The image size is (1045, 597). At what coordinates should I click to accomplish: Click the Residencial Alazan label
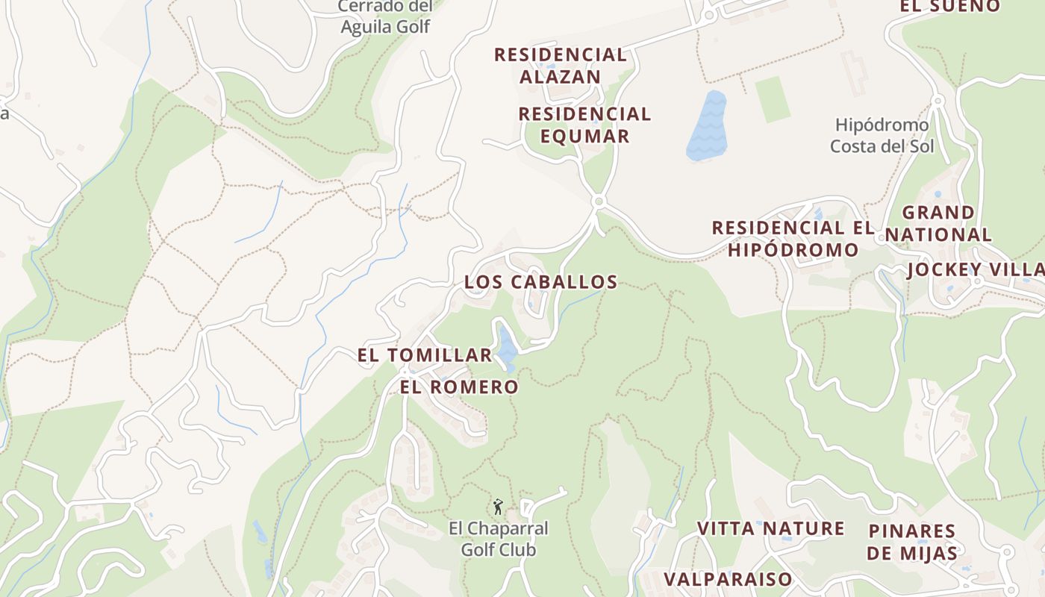(560, 66)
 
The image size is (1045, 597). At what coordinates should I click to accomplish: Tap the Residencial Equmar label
(584, 125)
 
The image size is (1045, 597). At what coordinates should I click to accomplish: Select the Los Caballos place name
(540, 282)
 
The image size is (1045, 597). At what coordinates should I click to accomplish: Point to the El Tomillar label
(425, 355)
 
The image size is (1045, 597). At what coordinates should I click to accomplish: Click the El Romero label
(458, 387)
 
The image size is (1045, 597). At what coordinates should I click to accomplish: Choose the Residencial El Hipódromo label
(793, 239)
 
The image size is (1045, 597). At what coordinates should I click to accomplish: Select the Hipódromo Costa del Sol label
(882, 135)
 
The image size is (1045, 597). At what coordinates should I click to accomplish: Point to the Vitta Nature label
(770, 528)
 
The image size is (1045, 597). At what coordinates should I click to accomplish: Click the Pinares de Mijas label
(912, 542)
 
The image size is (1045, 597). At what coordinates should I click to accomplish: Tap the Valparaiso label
(728, 579)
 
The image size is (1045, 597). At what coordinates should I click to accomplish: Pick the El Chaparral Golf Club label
(498, 539)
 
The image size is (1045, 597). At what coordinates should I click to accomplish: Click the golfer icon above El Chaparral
(498, 507)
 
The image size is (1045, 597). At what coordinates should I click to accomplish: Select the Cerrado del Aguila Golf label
(385, 16)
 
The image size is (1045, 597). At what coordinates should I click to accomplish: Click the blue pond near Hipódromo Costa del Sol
(706, 125)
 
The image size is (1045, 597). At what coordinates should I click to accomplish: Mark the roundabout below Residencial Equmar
(597, 201)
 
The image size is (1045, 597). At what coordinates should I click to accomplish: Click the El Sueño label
(949, 6)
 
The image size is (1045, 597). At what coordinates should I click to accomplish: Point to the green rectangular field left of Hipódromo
(772, 99)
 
